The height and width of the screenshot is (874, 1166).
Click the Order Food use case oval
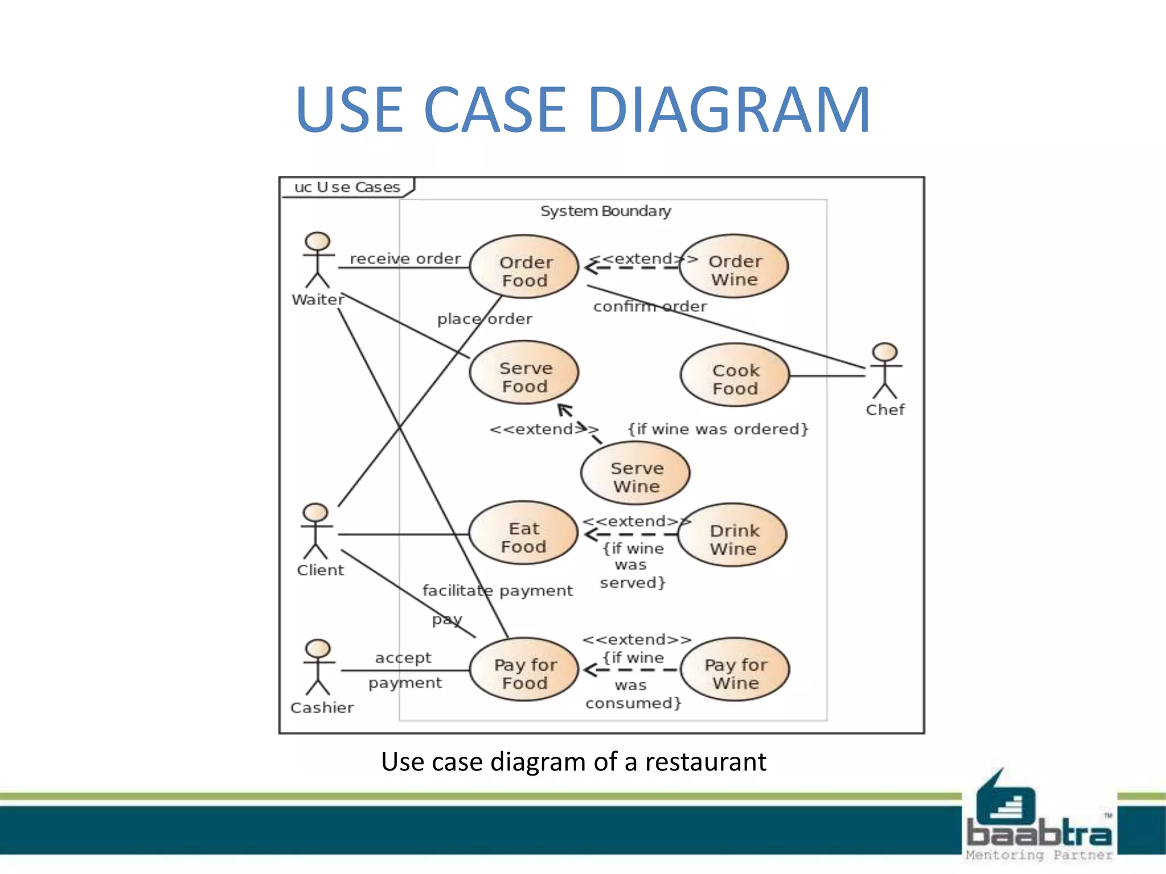[524, 267]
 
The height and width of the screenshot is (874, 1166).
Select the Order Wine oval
[734, 266]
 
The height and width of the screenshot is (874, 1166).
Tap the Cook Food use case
[735, 375]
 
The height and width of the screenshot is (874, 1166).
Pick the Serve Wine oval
[635, 473]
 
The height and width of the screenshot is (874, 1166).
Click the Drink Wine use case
[733, 535]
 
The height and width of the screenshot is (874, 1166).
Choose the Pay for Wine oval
[735, 670]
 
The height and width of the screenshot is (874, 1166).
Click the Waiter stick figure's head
[317, 241]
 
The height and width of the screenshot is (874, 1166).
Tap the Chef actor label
[885, 410]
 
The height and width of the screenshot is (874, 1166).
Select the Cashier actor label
[322, 708]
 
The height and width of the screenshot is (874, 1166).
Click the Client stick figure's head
[315, 512]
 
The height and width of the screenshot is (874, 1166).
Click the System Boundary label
[605, 211]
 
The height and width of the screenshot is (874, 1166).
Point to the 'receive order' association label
[405, 258]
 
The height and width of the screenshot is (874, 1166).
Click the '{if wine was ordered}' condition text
[717, 429]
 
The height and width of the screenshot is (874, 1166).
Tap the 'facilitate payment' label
[497, 591]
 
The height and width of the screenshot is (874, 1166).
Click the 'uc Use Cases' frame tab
[347, 187]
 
